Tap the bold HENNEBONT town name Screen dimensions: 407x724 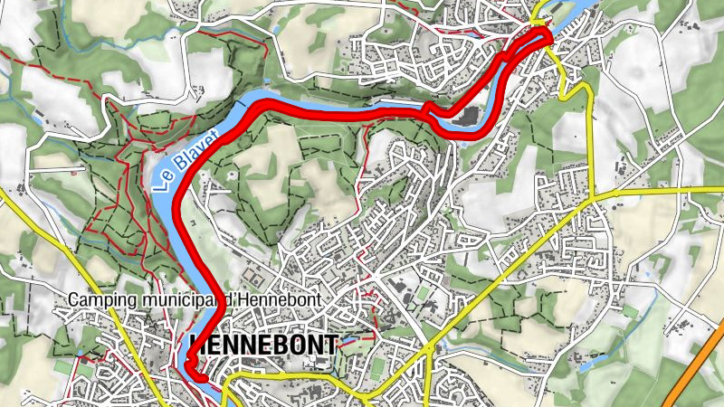coord(263,345)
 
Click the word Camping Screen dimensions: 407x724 coord(101,300)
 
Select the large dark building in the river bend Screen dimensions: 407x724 coord(464,118)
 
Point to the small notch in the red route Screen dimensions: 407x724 coord(425,110)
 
